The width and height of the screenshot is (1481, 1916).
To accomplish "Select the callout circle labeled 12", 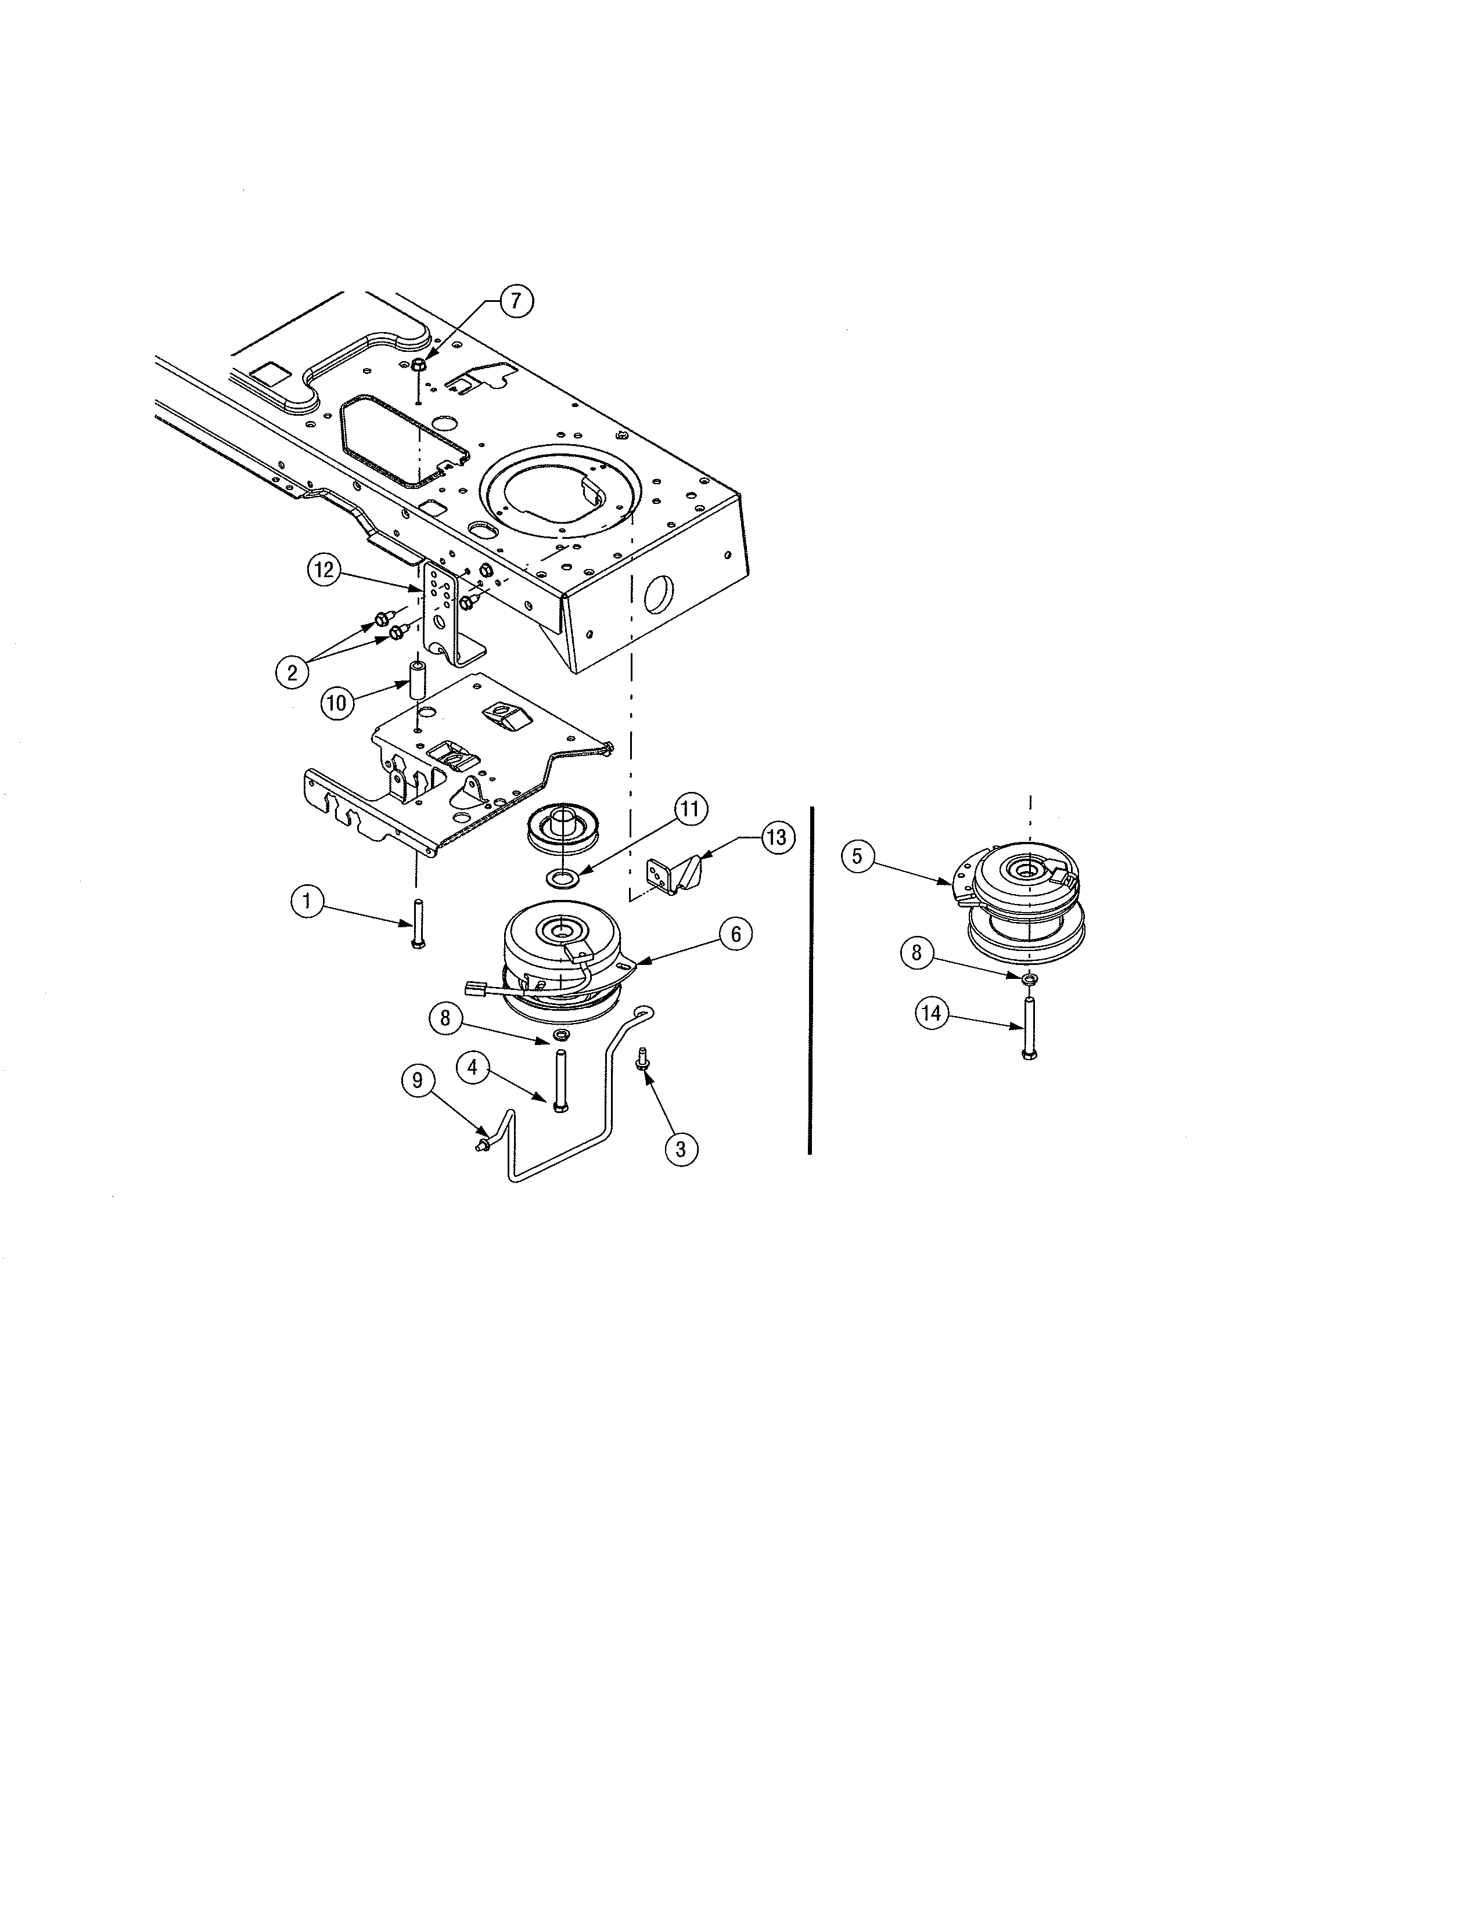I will [325, 570].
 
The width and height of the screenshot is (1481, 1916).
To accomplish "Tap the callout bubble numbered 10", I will [338, 703].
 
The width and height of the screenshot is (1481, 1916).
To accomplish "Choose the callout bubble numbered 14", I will [931, 1014].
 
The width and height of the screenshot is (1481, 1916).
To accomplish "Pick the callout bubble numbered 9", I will [418, 1081].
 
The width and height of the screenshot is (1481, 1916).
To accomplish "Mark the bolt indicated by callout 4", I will [560, 1081].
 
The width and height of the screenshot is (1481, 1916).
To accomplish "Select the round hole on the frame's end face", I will [656, 596].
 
